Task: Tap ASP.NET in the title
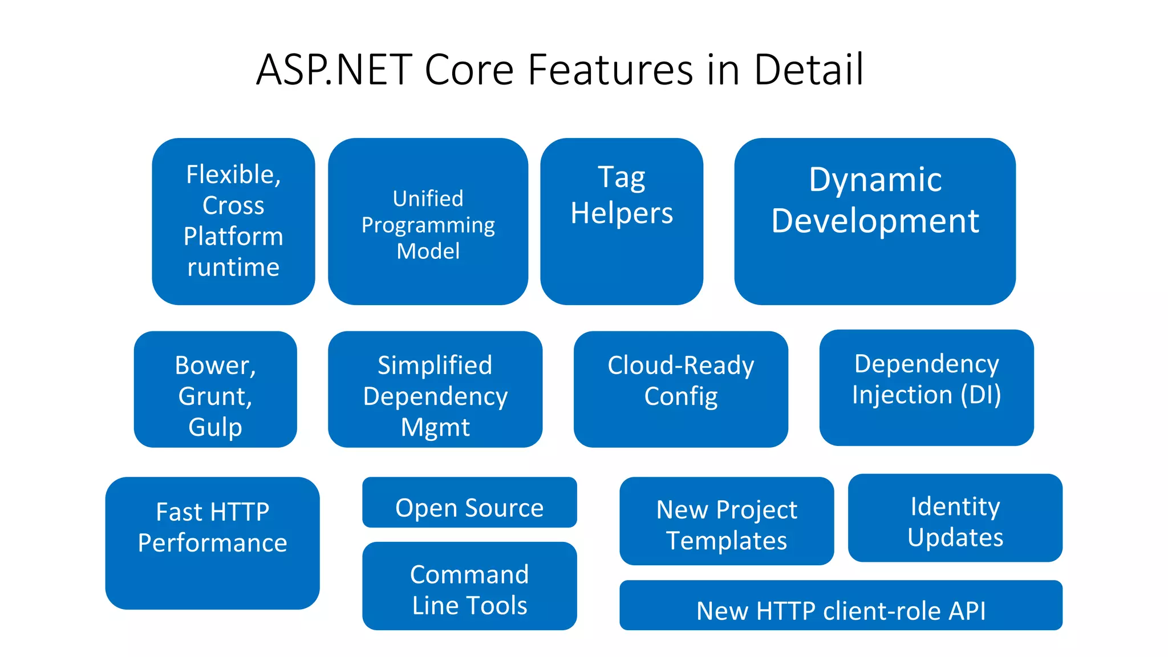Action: pos(334,70)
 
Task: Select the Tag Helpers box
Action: pos(622,221)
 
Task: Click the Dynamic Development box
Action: pos(874,221)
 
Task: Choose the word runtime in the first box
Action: pos(233,267)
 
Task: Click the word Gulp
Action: pos(215,427)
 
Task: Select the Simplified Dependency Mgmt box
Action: pos(435,390)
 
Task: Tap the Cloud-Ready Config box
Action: pos(680,390)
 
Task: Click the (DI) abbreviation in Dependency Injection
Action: pos(980,395)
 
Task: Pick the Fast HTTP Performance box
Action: pos(212,543)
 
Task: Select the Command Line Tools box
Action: pos(469,586)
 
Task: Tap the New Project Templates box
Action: pos(727,521)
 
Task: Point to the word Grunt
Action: pos(215,396)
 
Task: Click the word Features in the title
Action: pos(610,70)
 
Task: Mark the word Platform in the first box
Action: pos(233,236)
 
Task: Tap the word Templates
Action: pos(727,541)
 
